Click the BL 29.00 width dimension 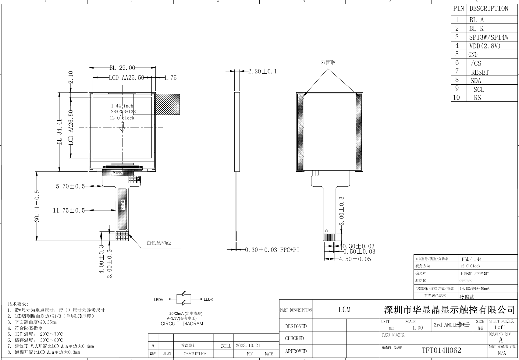(122, 68)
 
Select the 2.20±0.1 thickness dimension (262, 71)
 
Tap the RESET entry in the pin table (480, 72)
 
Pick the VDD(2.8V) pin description (485, 46)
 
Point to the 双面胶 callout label (328, 62)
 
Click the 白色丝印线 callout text (158, 243)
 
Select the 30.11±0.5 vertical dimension (37, 206)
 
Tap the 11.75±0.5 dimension (69, 210)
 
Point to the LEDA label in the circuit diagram (158, 300)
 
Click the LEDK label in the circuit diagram (208, 299)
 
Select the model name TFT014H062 (441, 350)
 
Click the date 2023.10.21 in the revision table (248, 346)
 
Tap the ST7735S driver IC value (466, 281)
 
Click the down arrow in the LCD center (122, 127)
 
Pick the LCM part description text (344, 310)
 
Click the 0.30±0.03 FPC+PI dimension (272, 250)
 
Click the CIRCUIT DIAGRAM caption (182, 324)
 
